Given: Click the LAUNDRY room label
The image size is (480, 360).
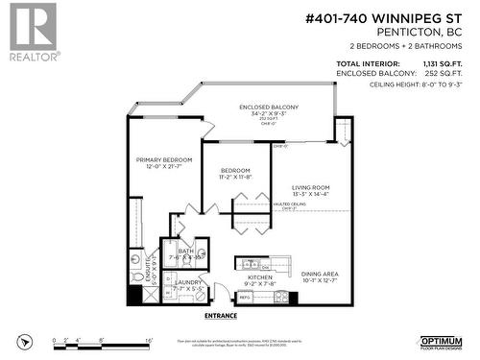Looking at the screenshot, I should tap(188, 282).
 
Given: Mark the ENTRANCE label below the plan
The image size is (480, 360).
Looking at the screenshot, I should tap(221, 314).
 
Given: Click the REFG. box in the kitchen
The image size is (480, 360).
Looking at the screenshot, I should tap(246, 297).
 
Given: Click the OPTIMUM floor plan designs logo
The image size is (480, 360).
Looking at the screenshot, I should tap(442, 343).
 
